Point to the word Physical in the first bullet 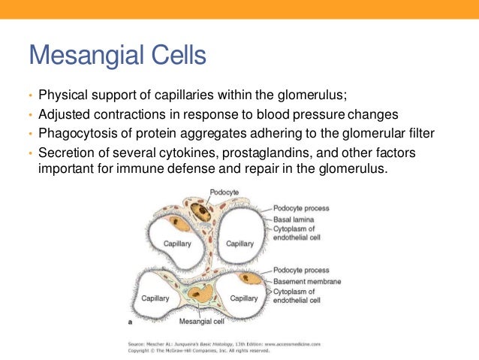(60, 96)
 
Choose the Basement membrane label (307, 280)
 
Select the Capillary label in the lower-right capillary (244, 298)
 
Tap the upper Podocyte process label (301, 208)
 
